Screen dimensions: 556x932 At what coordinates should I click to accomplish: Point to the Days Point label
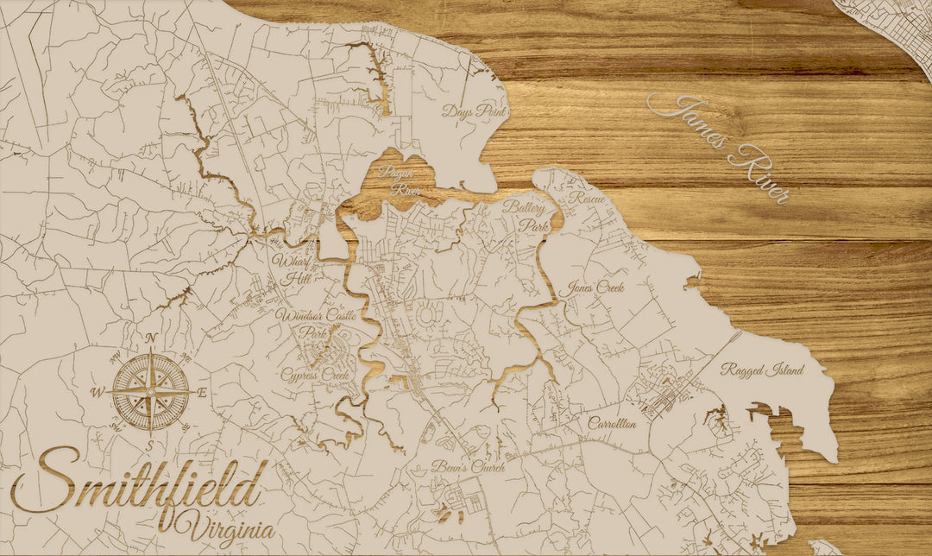coord(473,111)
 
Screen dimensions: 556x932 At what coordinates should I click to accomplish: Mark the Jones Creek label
coord(595,288)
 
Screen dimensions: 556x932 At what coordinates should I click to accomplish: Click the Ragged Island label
coord(762,370)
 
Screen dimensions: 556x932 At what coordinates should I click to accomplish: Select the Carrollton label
coord(613,424)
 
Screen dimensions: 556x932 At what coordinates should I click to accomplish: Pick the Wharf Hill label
coord(294,269)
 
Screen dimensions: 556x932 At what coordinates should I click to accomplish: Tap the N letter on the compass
coord(151,338)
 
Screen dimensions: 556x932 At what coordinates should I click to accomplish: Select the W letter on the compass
coord(98,393)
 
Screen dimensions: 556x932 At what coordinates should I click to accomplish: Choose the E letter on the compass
coord(203,393)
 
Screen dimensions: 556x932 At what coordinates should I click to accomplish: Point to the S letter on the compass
coord(151,445)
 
